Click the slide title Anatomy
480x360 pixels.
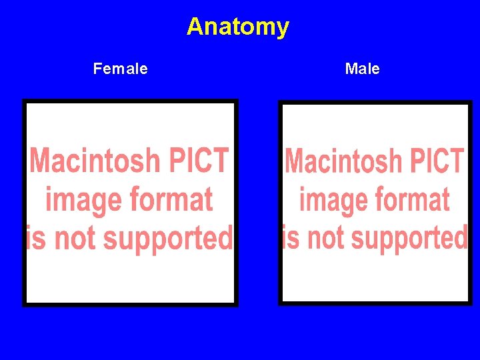[x=238, y=27]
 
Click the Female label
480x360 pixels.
[x=121, y=69]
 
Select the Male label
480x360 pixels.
[x=362, y=69]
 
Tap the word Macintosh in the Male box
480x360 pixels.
[x=345, y=161]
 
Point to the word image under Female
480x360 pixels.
[x=84, y=200]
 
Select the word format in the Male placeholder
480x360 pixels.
[x=414, y=199]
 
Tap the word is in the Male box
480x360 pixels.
[x=290, y=237]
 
